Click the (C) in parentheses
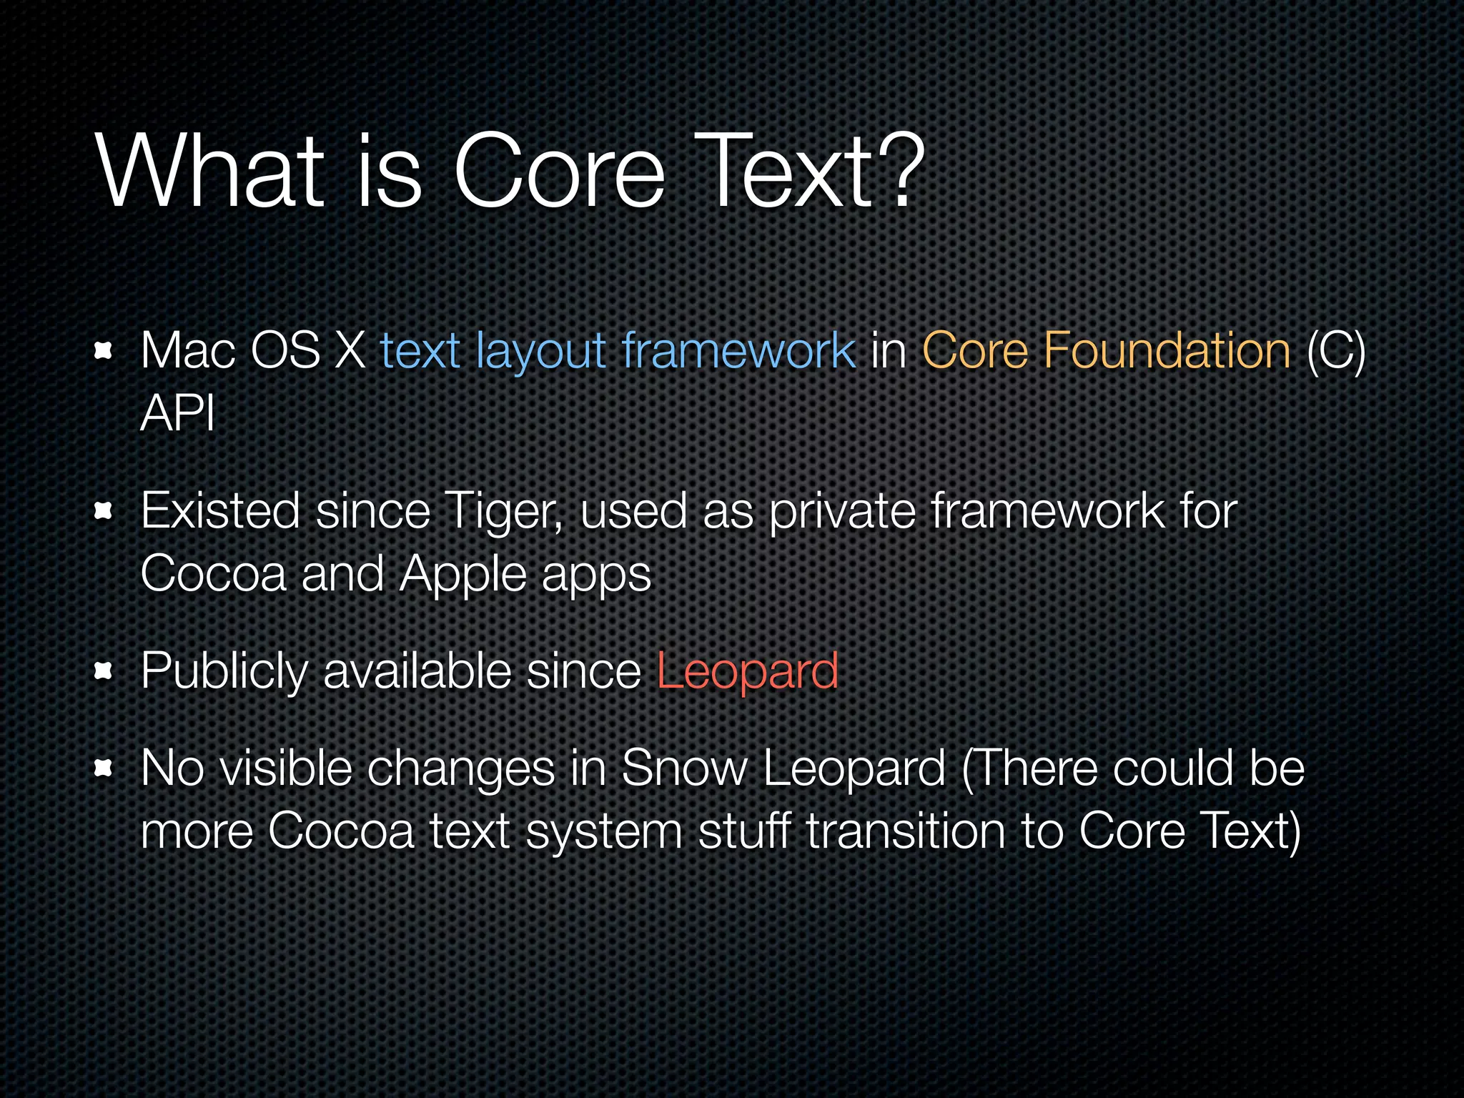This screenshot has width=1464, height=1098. (1335, 352)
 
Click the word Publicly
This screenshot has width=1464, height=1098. (224, 672)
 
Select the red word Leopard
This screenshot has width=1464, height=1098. (747, 672)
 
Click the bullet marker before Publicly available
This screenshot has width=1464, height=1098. (104, 671)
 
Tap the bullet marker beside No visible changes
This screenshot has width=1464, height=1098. (104, 768)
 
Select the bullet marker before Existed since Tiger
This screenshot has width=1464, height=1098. (104, 510)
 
